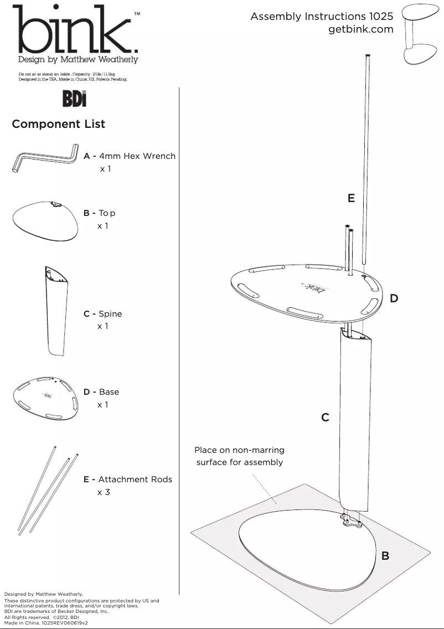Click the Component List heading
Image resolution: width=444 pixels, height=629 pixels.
coord(58,124)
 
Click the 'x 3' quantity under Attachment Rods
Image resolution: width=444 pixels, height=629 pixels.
coord(104,492)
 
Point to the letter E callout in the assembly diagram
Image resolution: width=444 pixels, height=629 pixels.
coord(351,198)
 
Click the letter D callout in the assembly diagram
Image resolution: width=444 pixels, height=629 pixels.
coord(394,298)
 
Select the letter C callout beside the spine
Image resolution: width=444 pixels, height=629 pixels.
coord(326,417)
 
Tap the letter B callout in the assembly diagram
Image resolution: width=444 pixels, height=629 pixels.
coord(385,555)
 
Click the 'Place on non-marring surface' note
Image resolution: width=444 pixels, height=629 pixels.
coord(239,456)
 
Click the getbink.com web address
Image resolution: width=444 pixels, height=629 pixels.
coord(360,30)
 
